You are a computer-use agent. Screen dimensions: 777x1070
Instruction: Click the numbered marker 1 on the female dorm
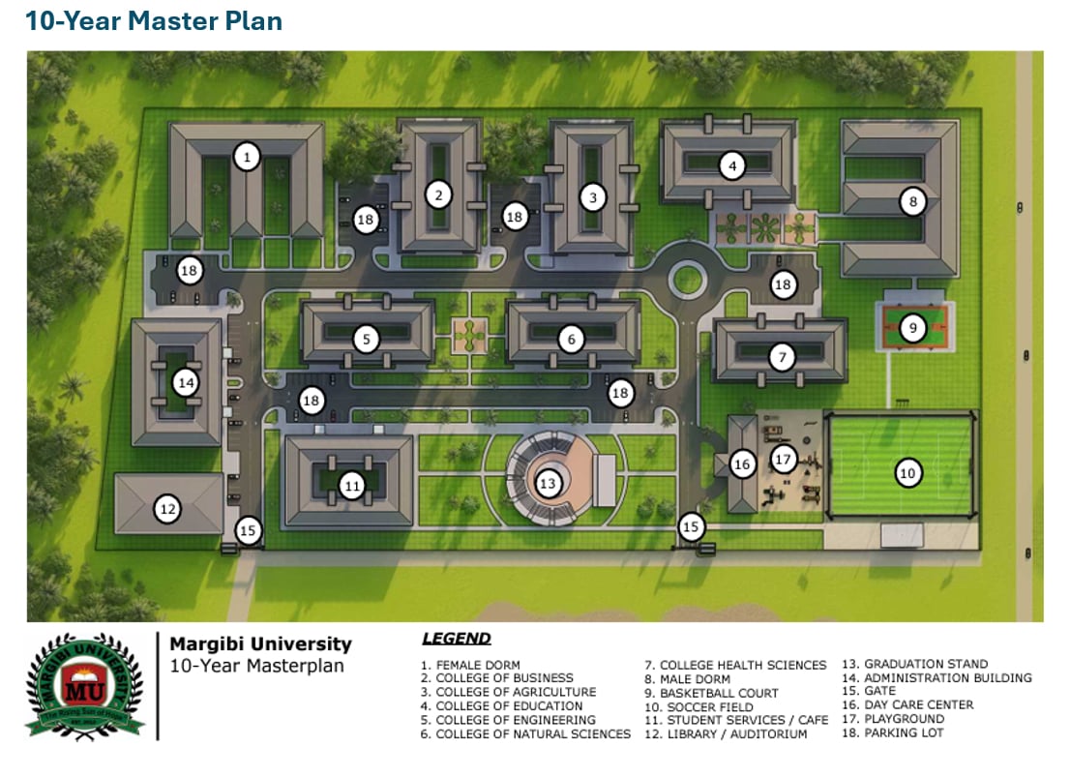[248, 156]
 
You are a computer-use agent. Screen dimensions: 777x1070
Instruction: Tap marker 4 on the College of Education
[732, 165]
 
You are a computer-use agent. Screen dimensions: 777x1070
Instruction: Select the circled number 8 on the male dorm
[912, 202]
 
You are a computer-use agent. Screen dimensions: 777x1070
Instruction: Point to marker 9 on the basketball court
[912, 328]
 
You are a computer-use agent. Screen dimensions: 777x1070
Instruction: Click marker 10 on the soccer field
[907, 473]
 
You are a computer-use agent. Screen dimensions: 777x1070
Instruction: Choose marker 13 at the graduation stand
[549, 483]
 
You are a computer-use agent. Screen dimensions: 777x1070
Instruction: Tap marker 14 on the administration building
[186, 383]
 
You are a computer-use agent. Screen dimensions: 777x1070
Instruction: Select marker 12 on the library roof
[168, 508]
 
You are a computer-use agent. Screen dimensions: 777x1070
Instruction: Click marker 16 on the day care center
[742, 465]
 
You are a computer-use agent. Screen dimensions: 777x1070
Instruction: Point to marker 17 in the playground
[784, 460]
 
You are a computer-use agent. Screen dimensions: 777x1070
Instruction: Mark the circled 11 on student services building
[352, 486]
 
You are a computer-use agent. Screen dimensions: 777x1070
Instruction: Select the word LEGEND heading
[457, 639]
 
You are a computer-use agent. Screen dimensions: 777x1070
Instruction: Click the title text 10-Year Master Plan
[154, 21]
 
